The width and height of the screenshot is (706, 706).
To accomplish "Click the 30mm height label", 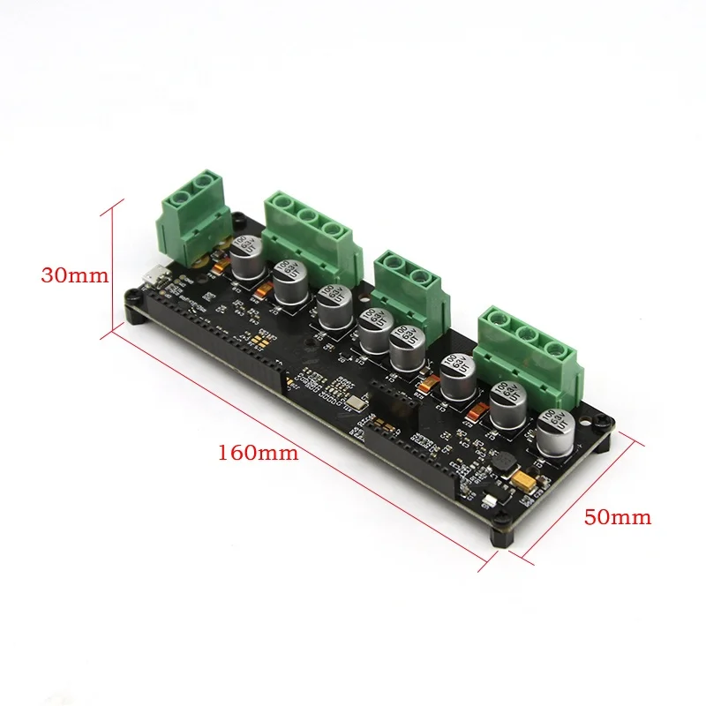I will [x=75, y=274].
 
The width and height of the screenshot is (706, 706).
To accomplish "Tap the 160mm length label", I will [x=259, y=453].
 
